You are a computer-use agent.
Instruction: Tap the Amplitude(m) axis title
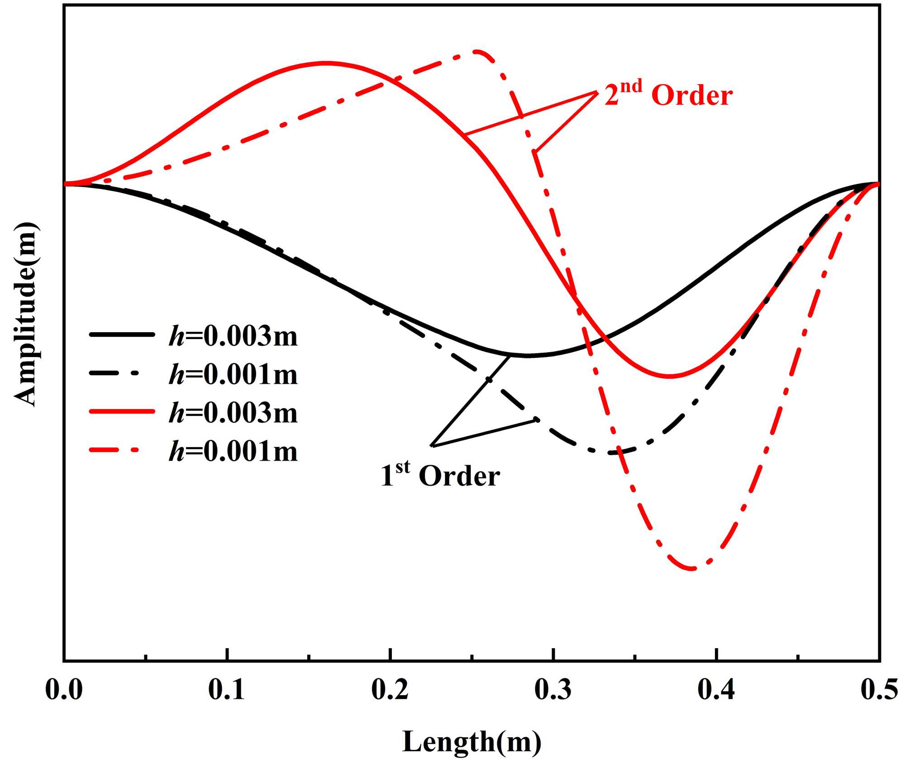(26, 314)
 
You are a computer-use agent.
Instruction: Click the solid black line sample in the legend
(122, 334)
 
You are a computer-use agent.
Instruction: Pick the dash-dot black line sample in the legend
(122, 373)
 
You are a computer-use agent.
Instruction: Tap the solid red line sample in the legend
(122, 411)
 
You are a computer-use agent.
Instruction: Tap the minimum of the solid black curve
(528, 356)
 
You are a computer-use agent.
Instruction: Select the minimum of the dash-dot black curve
(611, 452)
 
